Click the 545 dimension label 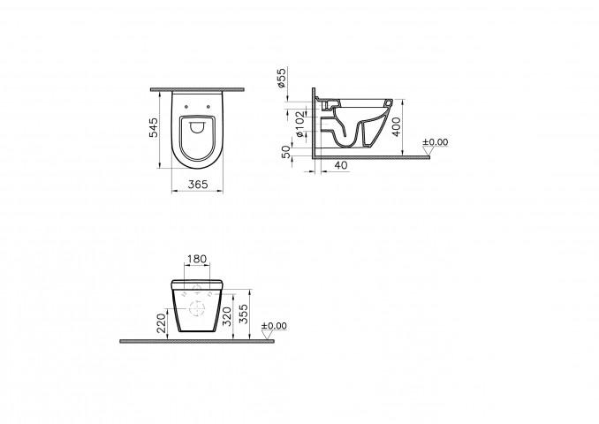pyautogui.click(x=153, y=127)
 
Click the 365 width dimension pyautogui.click(x=198, y=185)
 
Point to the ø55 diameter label pyautogui.click(x=282, y=78)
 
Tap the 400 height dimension pyautogui.click(x=397, y=127)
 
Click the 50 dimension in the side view pyautogui.click(x=286, y=152)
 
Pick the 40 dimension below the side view pyautogui.click(x=341, y=165)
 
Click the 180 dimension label pyautogui.click(x=197, y=259)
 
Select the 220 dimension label pyautogui.click(x=162, y=323)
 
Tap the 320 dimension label pyautogui.click(x=227, y=316)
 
